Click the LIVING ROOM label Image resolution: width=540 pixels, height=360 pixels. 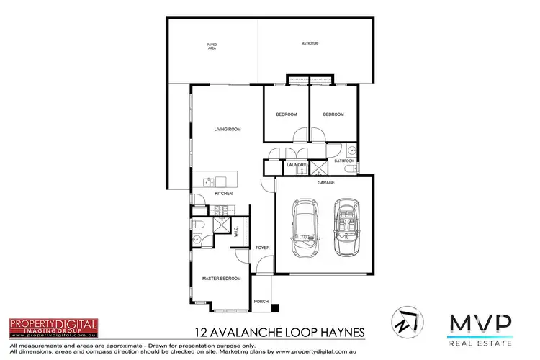(x=227, y=130)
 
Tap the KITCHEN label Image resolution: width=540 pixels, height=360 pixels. (x=224, y=194)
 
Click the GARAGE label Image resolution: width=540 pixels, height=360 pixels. (x=326, y=182)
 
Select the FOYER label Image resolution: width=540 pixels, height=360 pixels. (x=262, y=247)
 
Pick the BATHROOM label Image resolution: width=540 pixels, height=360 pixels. (x=344, y=161)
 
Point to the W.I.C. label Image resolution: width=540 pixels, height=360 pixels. (x=236, y=231)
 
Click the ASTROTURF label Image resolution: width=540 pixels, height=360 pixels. (x=311, y=45)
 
